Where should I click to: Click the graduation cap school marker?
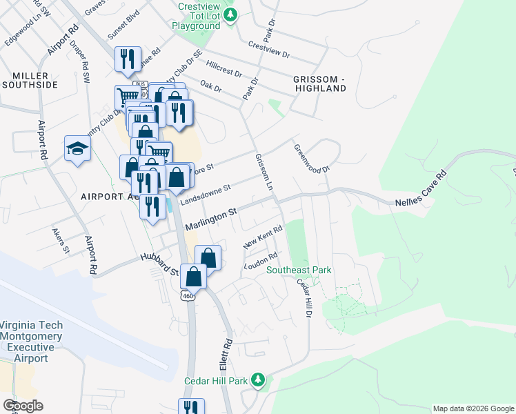coord(77,148)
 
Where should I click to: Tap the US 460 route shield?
coord(187,295)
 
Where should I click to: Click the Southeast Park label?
coord(299,270)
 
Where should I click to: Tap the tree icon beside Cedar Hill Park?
coord(258,380)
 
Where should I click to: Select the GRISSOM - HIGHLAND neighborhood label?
coord(319,83)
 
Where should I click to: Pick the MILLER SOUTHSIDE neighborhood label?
coord(30,79)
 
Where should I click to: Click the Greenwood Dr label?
coord(312,158)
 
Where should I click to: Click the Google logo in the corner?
coord(23,406)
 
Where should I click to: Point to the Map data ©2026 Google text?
coord(472,408)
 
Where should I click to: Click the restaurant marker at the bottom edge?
coord(190,407)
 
